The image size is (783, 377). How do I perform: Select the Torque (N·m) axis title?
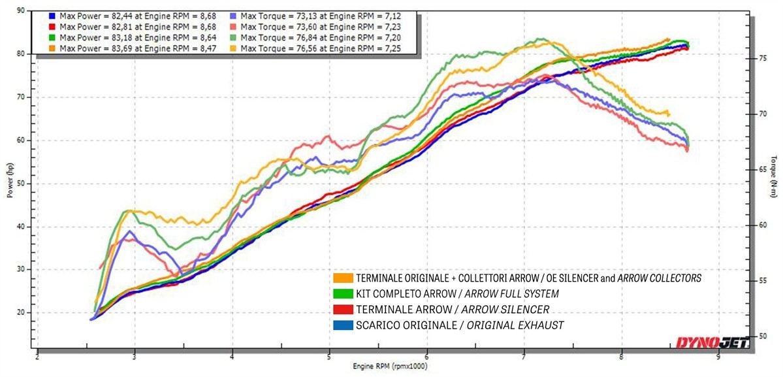click(x=773, y=175)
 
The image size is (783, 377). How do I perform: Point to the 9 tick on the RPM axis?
click(x=718, y=357)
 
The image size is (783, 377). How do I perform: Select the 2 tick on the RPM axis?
click(x=37, y=357)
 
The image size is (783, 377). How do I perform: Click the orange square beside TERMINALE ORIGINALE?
click(x=342, y=278)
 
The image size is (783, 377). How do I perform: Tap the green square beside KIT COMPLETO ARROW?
click(x=342, y=294)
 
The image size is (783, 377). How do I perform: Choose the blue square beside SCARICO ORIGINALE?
click(x=342, y=325)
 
